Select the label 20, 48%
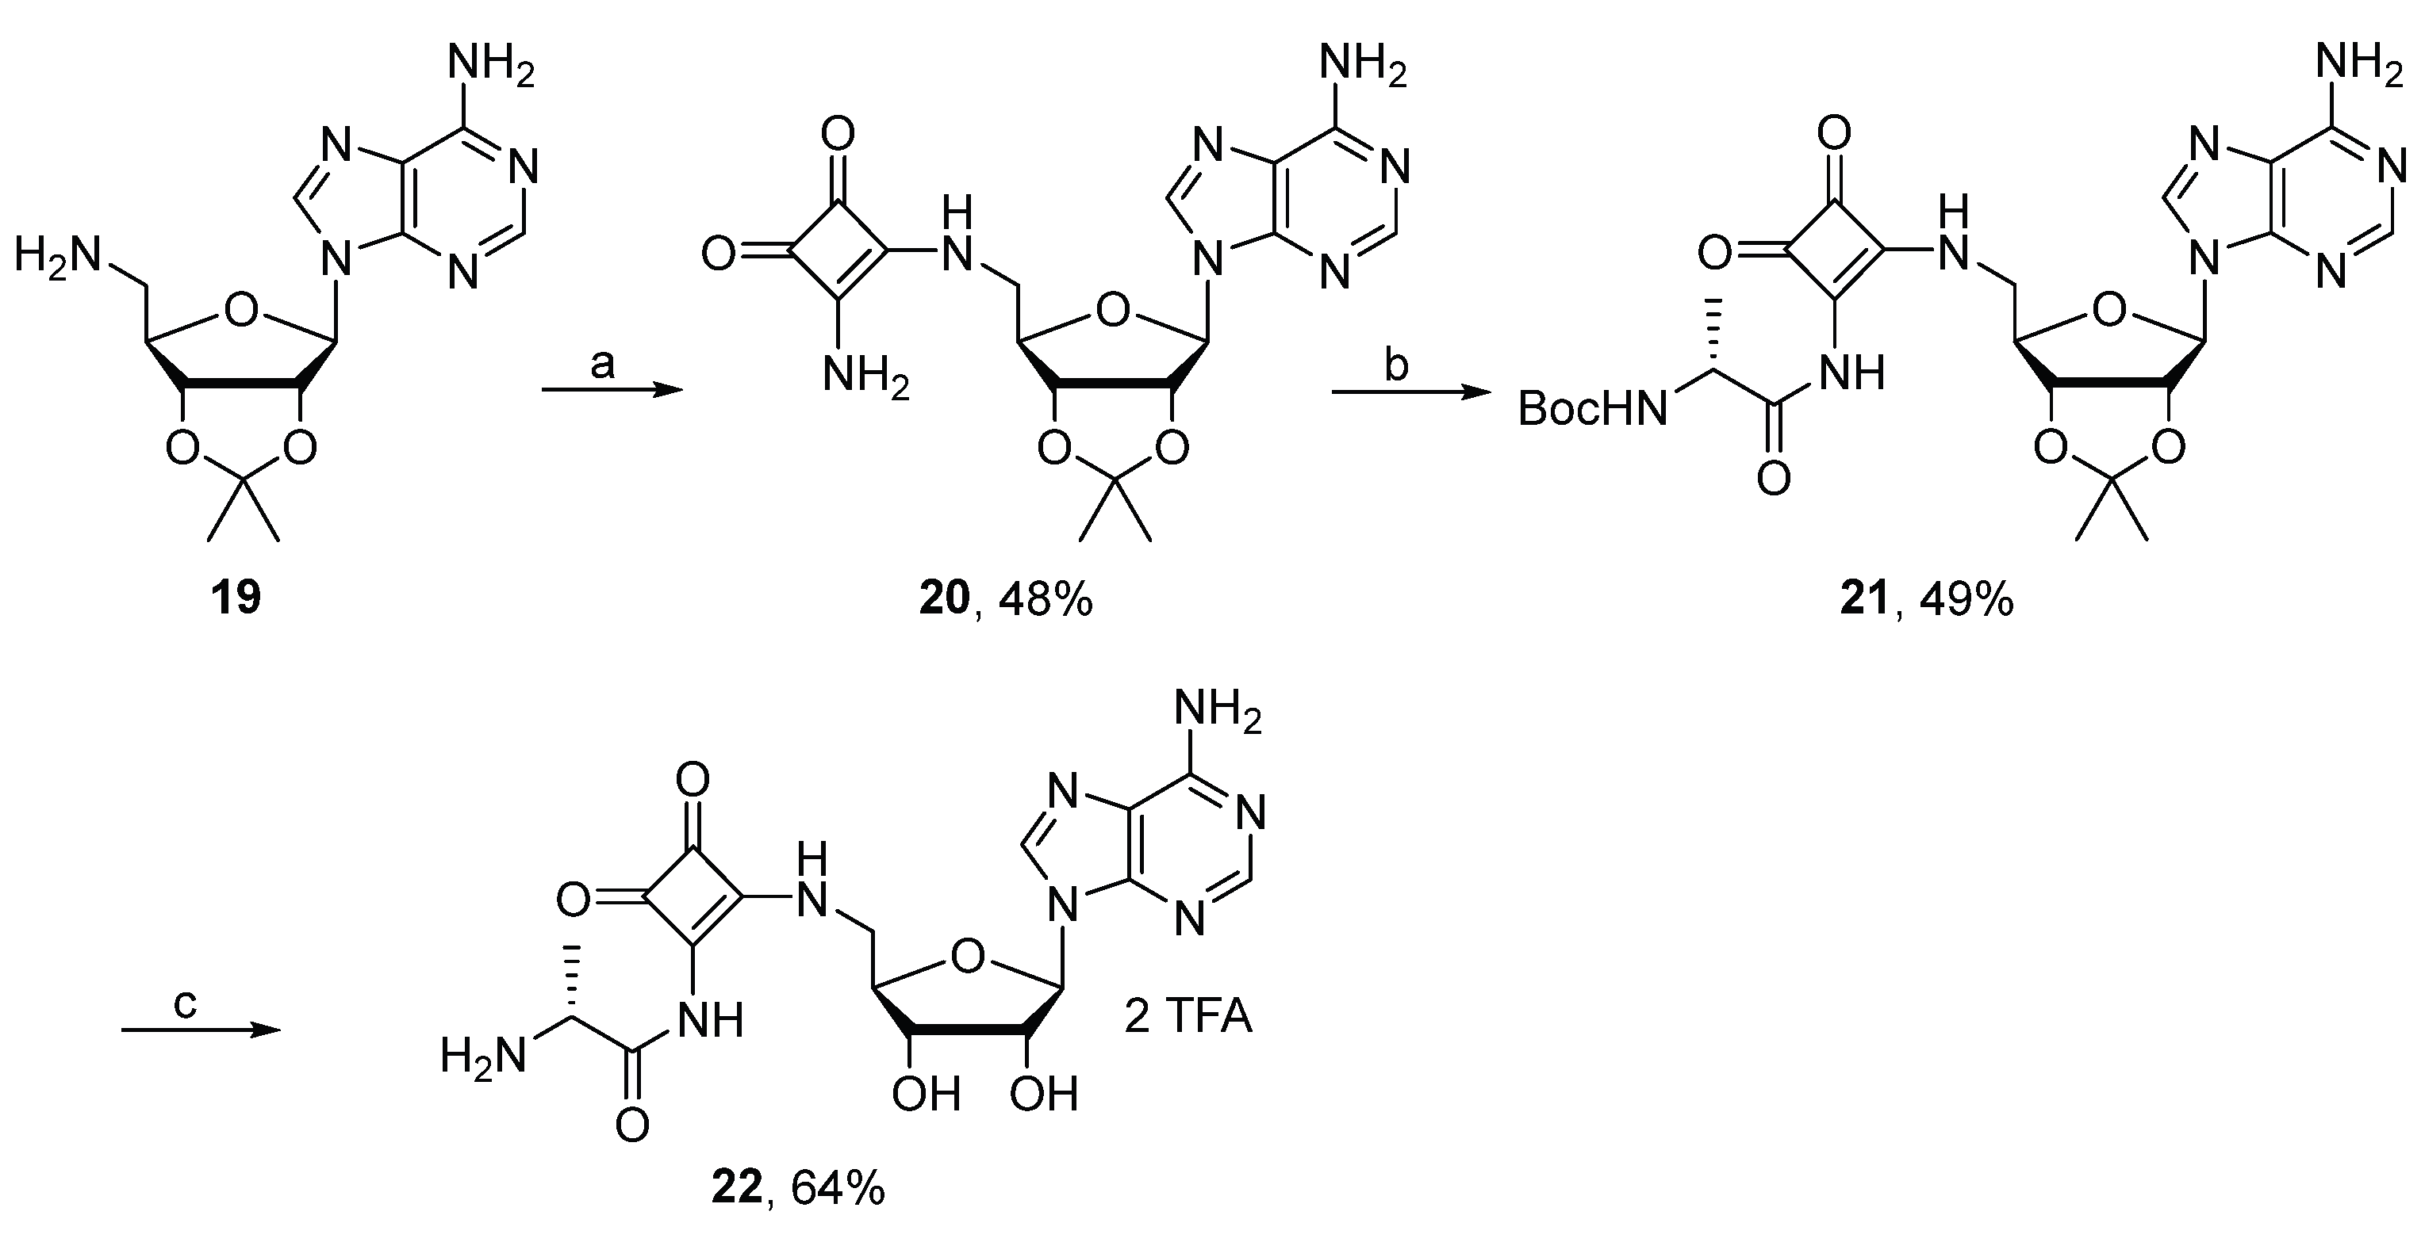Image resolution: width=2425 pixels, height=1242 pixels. coord(1005,598)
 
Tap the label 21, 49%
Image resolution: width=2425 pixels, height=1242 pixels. coord(1927,598)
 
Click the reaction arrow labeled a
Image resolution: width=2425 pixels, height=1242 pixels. coord(612,391)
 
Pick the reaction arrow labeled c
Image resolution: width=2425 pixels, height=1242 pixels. coord(201,1030)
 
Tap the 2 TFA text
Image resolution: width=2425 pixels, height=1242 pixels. coord(1188,1017)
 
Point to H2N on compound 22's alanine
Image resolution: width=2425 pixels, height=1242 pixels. coord(483,1055)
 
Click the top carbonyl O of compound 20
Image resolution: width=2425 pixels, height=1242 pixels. coord(837,135)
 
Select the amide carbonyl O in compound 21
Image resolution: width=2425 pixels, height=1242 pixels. coord(1773,479)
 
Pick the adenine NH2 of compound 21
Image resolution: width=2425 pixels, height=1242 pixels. coord(2359,67)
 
